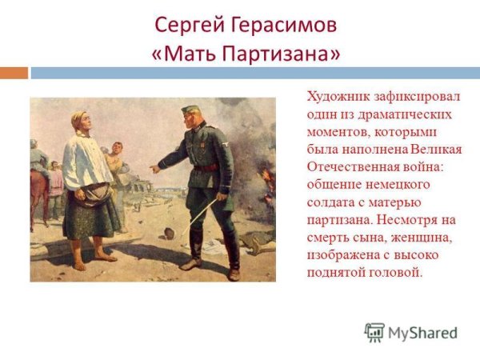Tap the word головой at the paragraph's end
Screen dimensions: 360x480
coord(394,273)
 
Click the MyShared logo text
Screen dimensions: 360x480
coord(422,333)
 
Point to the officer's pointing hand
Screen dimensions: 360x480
coord(154,169)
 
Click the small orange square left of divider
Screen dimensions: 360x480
coord(14,73)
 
